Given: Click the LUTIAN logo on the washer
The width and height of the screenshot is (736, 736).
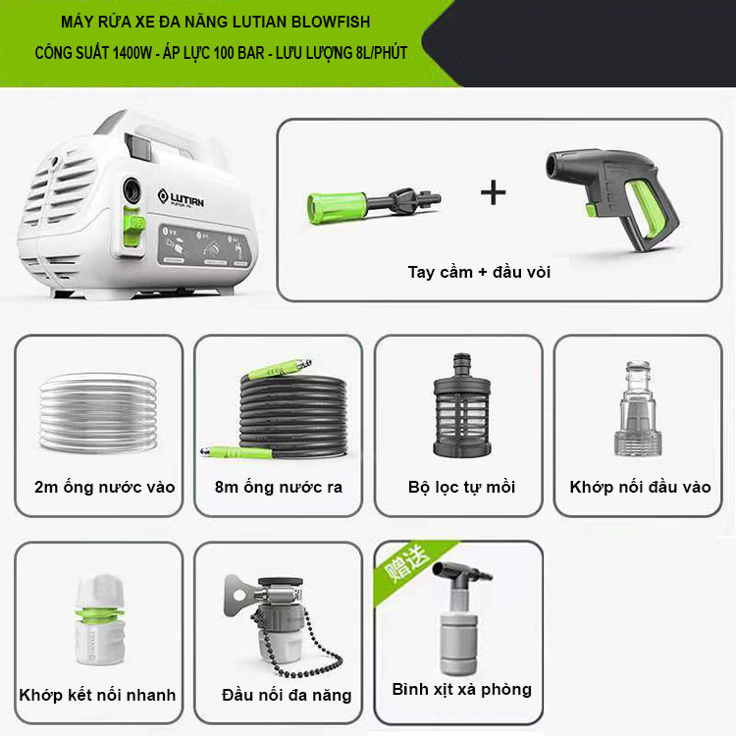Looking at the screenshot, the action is pos(181,197).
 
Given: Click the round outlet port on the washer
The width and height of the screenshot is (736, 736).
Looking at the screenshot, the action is pos(131,190).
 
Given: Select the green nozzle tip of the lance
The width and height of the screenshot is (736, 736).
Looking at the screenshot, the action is pos(336,207).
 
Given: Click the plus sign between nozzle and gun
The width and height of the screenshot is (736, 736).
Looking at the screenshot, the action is pos(494,193).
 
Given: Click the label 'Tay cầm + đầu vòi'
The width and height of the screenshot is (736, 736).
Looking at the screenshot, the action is pos(479,272).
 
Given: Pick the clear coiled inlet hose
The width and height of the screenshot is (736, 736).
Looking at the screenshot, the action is pos(98,412).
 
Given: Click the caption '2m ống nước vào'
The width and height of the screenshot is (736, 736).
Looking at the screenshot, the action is pos(104,487).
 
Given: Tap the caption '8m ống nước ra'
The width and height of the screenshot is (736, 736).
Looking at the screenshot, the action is pos(279,487).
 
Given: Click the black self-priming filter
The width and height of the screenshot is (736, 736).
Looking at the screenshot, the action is pos(462,406).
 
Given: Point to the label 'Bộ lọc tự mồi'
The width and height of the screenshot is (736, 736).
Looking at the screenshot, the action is pos(462,487).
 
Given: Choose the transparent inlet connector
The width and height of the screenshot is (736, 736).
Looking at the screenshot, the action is pos(638,408).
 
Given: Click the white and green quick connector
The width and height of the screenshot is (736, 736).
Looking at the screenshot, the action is pos(100,618).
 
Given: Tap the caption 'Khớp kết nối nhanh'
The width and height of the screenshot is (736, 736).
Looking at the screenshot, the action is pos(97,695).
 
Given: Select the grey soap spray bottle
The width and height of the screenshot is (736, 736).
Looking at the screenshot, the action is pos(460,618).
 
